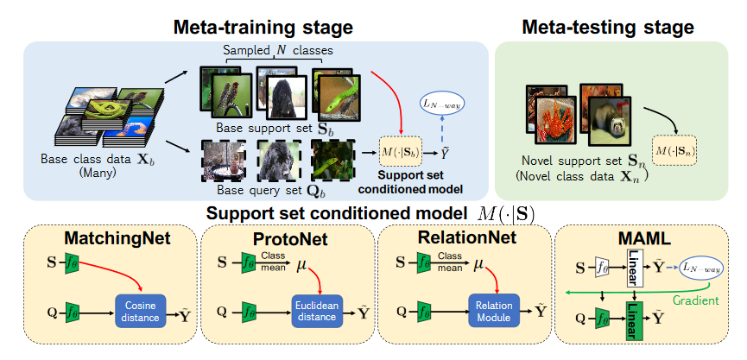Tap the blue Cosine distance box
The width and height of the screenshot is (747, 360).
tap(141, 311)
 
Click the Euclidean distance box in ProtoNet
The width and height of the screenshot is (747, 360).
tap(313, 311)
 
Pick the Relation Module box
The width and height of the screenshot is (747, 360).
tap(491, 311)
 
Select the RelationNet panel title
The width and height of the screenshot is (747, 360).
tap(463, 237)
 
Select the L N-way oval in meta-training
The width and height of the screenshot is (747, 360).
tap(441, 104)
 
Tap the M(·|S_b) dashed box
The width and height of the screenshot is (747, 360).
tap(402, 153)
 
